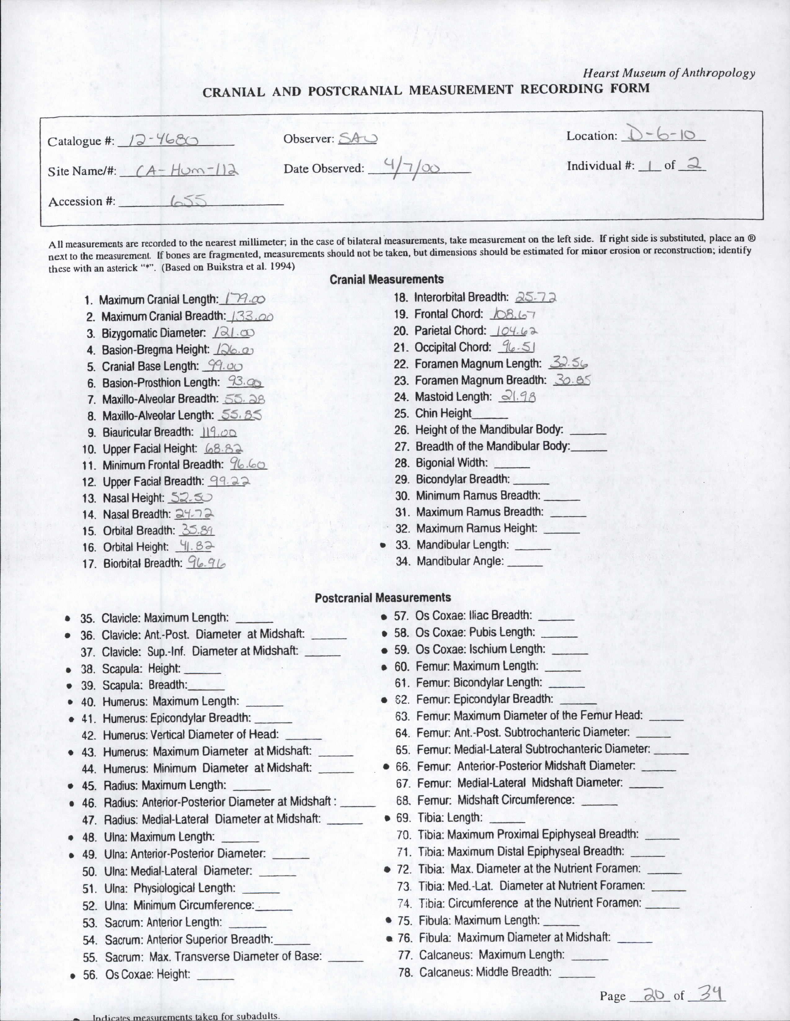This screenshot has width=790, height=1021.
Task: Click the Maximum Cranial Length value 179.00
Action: [244, 299]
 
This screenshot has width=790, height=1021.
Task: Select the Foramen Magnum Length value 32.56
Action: [569, 363]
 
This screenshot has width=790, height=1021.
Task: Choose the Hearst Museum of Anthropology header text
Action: [668, 73]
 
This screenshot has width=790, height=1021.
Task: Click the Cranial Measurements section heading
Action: [386, 280]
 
